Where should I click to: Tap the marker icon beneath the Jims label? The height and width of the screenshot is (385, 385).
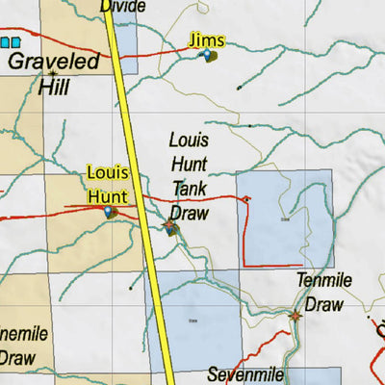point(208,57)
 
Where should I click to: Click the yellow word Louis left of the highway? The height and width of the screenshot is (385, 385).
point(108,173)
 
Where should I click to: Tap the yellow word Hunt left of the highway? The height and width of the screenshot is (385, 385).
point(107,195)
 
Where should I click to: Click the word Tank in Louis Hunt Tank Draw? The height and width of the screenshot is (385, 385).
point(189,188)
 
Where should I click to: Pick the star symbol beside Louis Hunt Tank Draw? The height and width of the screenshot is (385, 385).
point(170,226)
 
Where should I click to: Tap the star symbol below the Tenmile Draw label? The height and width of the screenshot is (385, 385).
point(295,315)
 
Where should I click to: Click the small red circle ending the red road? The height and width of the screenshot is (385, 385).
point(246,199)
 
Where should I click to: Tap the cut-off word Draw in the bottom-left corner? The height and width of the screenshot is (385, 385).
point(17,358)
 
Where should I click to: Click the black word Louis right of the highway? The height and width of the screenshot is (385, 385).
point(189,140)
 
